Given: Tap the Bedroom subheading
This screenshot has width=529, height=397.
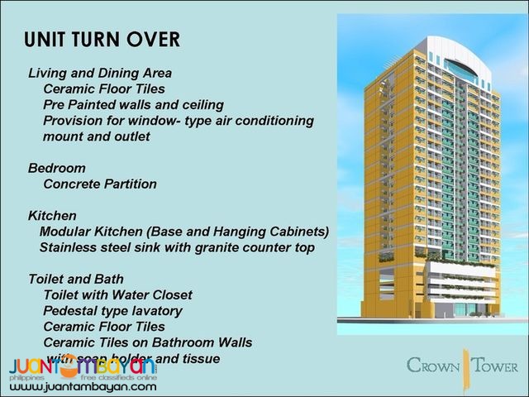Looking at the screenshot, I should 58,168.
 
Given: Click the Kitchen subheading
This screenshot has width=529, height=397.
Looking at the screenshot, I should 53,215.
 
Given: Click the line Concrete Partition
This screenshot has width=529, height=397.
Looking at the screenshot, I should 99,184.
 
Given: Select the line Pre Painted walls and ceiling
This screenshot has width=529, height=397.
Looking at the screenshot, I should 133,104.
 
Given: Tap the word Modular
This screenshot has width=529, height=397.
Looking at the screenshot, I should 66,231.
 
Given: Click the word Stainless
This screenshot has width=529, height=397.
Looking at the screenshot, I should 69,247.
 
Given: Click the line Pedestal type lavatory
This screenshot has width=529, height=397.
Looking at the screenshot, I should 112,310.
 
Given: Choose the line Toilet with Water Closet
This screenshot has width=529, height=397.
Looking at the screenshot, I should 117,294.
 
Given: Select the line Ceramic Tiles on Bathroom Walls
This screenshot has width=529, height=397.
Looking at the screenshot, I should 148,342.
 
